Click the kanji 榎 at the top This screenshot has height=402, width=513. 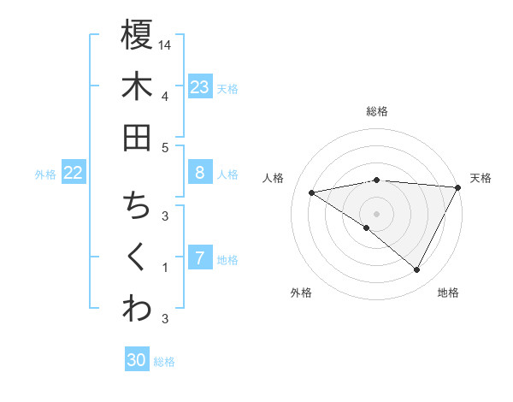[x=137, y=35]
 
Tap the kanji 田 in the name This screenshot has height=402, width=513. [x=137, y=138]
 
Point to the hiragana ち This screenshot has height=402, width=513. [x=137, y=206]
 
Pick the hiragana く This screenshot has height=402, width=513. [x=137, y=257]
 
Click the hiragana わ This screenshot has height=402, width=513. [x=137, y=309]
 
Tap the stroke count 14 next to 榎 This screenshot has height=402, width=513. [x=166, y=44]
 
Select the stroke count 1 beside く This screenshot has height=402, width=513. [x=164, y=268]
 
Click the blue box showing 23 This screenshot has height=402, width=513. [x=200, y=86]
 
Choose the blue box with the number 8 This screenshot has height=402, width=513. [x=200, y=173]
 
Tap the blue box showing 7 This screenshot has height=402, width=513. [x=200, y=258]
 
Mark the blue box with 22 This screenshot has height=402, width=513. [x=74, y=173]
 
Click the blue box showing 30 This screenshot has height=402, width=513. [x=137, y=360]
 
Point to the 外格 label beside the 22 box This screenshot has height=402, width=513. [x=45, y=174]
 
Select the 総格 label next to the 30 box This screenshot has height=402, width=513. [x=165, y=362]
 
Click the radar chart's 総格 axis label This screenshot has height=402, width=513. [x=377, y=111]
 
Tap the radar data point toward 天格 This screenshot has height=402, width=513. [x=458, y=187]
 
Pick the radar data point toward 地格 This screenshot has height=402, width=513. [x=417, y=270]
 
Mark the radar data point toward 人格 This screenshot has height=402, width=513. [x=312, y=192]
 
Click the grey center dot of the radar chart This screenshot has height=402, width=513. [x=376, y=212]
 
